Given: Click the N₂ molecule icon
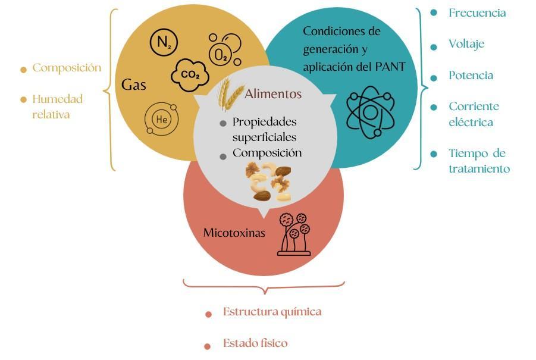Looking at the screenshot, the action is (x=164, y=42).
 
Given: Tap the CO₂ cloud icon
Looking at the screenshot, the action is (x=190, y=75).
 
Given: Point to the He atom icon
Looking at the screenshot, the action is (x=161, y=119).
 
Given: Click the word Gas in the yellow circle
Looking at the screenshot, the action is (x=134, y=84).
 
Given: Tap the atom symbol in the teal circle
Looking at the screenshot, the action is (x=371, y=112).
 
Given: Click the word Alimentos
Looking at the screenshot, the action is (x=273, y=93).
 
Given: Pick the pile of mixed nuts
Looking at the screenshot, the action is (x=269, y=181).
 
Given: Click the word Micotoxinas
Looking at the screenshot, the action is (x=234, y=233).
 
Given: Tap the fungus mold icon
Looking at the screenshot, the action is (x=294, y=234).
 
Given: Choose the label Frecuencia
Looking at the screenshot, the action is (x=477, y=13).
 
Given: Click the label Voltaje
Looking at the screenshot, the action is (x=466, y=44).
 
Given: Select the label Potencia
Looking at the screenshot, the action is (x=471, y=75).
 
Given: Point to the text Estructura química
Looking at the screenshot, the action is (x=272, y=312).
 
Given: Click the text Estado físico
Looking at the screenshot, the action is (x=255, y=343).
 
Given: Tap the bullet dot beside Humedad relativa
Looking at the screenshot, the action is (x=23, y=99).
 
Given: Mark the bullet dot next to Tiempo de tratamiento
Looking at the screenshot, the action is (x=434, y=154).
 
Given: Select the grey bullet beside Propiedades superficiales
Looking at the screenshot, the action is (x=223, y=123).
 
